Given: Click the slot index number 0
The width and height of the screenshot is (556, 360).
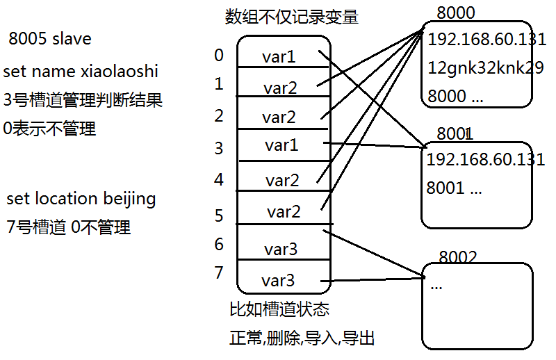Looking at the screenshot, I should point(219,55).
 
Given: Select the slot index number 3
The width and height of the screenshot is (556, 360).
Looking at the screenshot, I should point(219,148).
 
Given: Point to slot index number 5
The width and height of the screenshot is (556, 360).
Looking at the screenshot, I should point(219,215).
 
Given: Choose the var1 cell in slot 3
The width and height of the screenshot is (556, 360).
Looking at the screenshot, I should point(281,145).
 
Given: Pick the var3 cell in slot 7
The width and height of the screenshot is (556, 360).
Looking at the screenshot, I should point(278,281).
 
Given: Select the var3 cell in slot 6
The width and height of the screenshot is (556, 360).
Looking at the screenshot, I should point(281,249).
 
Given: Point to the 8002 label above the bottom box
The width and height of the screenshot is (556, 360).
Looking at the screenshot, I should point(458,257).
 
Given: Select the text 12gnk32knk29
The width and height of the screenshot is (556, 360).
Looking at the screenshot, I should point(476,68).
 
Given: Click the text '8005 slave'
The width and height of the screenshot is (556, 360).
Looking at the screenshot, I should point(49,38).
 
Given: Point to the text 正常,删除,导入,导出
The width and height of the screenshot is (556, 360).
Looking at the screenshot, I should point(302,338).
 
